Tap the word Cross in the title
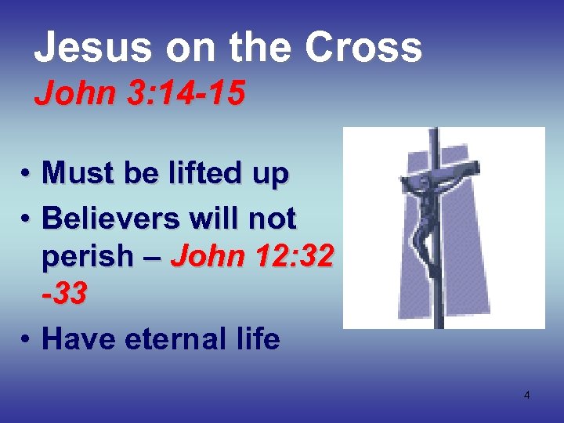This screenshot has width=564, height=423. point(363,47)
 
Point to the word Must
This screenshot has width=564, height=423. point(77,172)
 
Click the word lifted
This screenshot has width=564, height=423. point(199,172)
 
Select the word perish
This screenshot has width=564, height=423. point(85,257)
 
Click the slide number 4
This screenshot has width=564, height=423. point(526,395)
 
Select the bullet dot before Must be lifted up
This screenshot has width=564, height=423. point(26,174)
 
